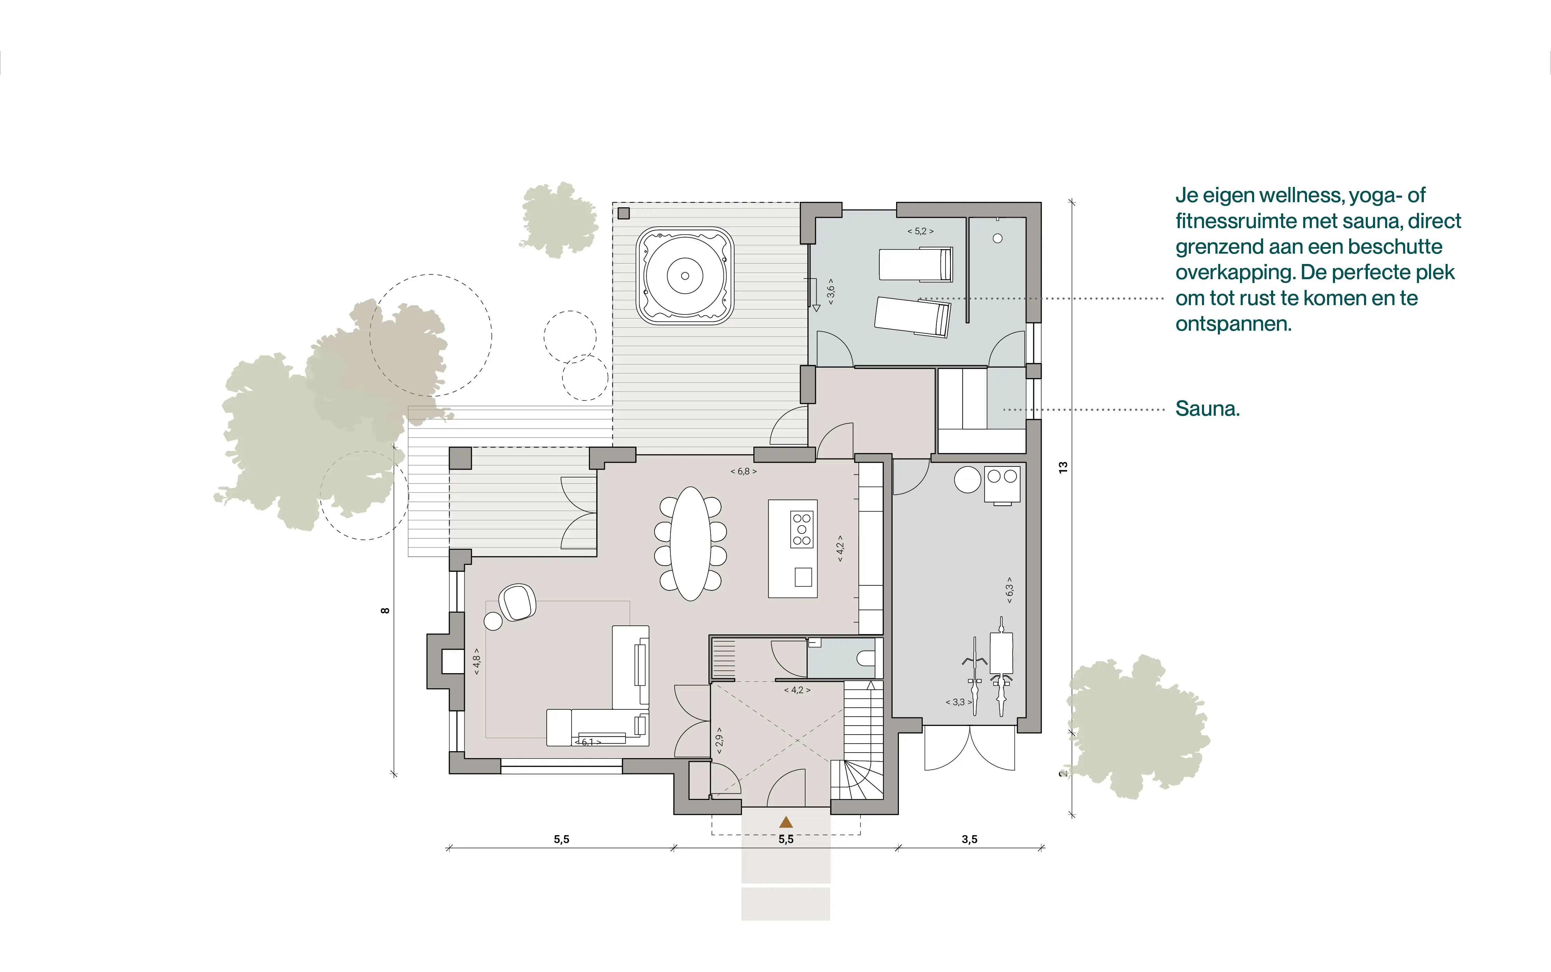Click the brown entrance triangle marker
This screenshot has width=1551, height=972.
(x=786, y=822)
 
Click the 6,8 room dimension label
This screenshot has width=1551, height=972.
(x=744, y=471)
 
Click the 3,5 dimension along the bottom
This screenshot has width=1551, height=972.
(x=969, y=839)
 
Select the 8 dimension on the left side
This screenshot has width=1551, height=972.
(x=385, y=611)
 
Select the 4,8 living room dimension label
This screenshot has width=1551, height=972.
(x=476, y=661)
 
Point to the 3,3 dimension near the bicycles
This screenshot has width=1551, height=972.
(x=958, y=702)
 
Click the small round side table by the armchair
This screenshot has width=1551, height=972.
(x=493, y=621)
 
